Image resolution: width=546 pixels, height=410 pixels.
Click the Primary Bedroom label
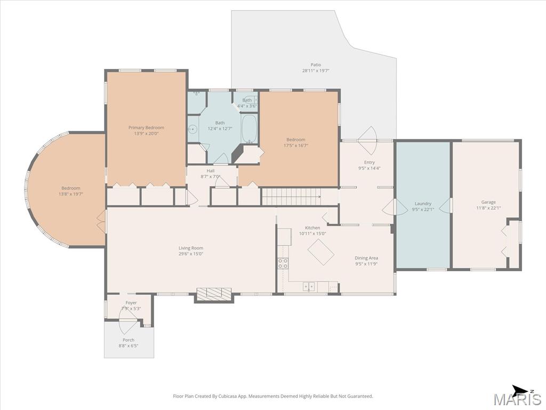146,128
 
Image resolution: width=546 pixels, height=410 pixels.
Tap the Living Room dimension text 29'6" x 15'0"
191,254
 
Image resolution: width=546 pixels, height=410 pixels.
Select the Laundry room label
423,203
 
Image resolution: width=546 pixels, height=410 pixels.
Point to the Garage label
488,202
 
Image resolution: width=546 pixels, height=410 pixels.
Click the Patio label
316,65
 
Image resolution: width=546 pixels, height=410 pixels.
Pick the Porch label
129,340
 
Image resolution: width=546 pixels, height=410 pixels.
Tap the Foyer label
131,303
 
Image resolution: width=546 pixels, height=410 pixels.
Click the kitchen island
321,252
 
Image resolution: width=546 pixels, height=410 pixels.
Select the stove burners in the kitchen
283,263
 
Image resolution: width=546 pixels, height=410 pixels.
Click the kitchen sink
309,287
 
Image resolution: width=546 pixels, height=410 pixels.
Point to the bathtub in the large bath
249,129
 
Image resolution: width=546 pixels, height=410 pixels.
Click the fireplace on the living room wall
214,294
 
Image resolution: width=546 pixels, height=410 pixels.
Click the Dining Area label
366,258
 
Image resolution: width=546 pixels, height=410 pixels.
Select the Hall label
210,171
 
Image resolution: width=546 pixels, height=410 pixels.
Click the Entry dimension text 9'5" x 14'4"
370,168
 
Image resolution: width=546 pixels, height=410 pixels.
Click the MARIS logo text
518,399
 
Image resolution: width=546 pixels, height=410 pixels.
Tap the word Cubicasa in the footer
230,396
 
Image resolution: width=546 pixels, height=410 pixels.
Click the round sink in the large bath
192,129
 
